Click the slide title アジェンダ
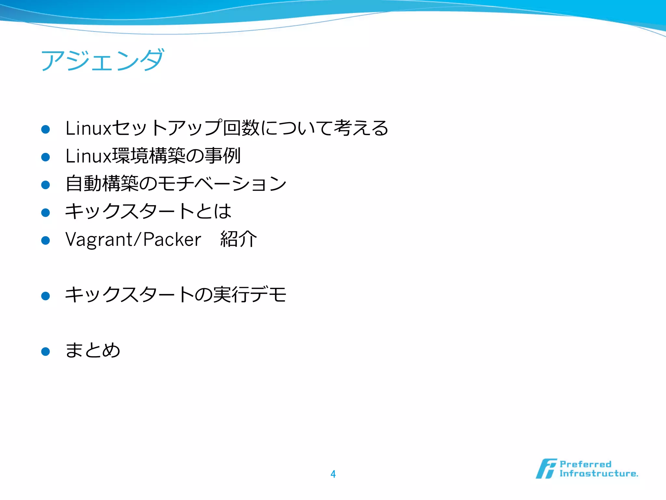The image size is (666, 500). tap(102, 61)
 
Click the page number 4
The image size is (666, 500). tap(333, 474)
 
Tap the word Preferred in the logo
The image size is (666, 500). tap(585, 464)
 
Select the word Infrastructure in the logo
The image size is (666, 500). tap(598, 474)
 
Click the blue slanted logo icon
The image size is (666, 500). tap(546, 469)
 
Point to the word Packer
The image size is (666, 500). tap(172, 240)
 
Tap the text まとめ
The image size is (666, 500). tap(93, 350)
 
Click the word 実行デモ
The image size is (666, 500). tap(250, 295)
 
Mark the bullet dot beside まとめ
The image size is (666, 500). tap(46, 352)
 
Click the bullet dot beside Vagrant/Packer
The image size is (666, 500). tap(46, 241)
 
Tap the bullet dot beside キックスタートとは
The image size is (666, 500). tap(46, 213)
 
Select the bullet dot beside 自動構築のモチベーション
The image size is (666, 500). tap(46, 185)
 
